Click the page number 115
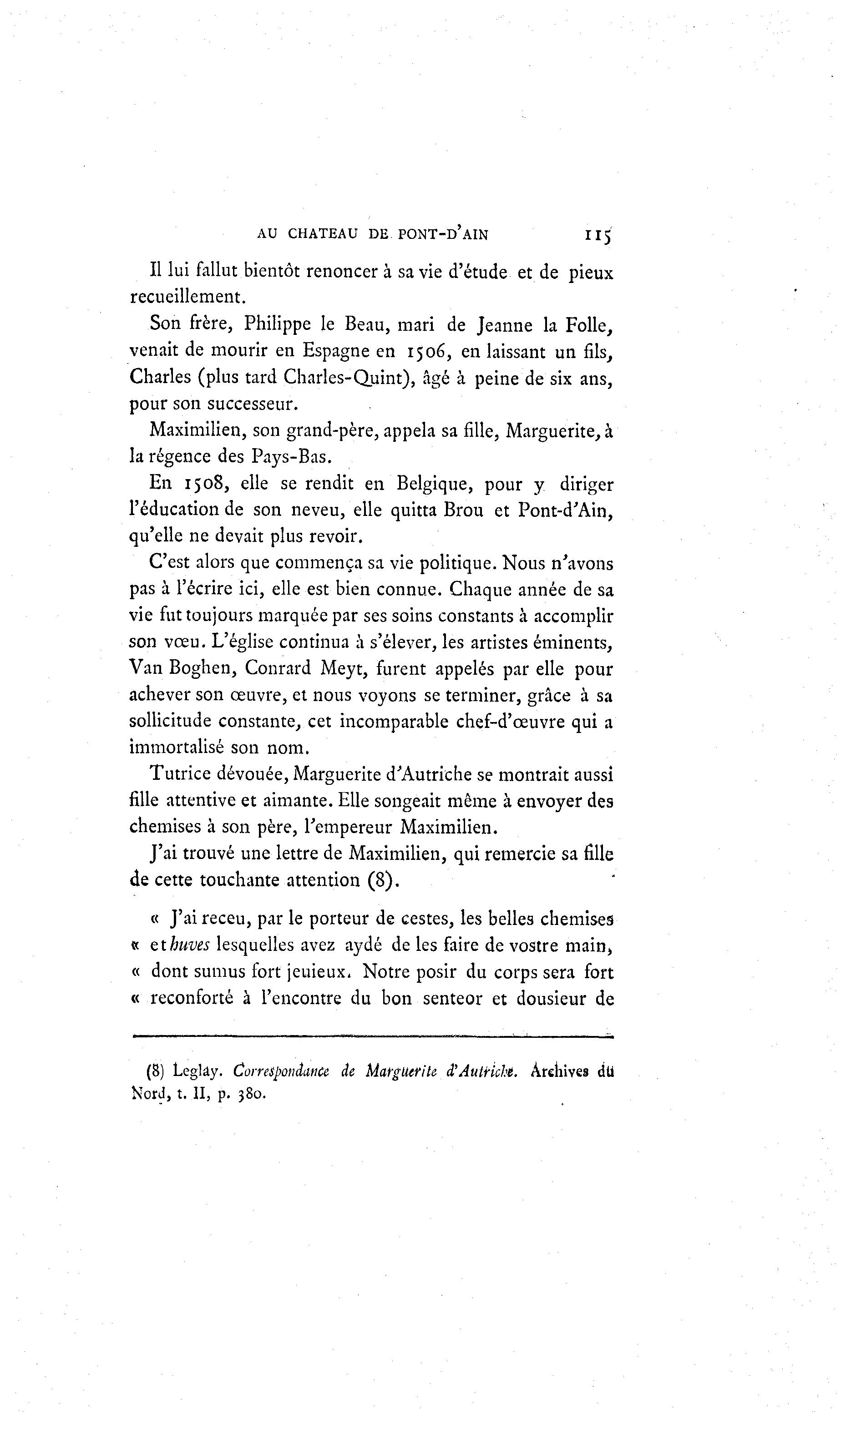coord(598,235)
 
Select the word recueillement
coord(187,297)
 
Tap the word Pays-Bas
coord(291,456)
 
